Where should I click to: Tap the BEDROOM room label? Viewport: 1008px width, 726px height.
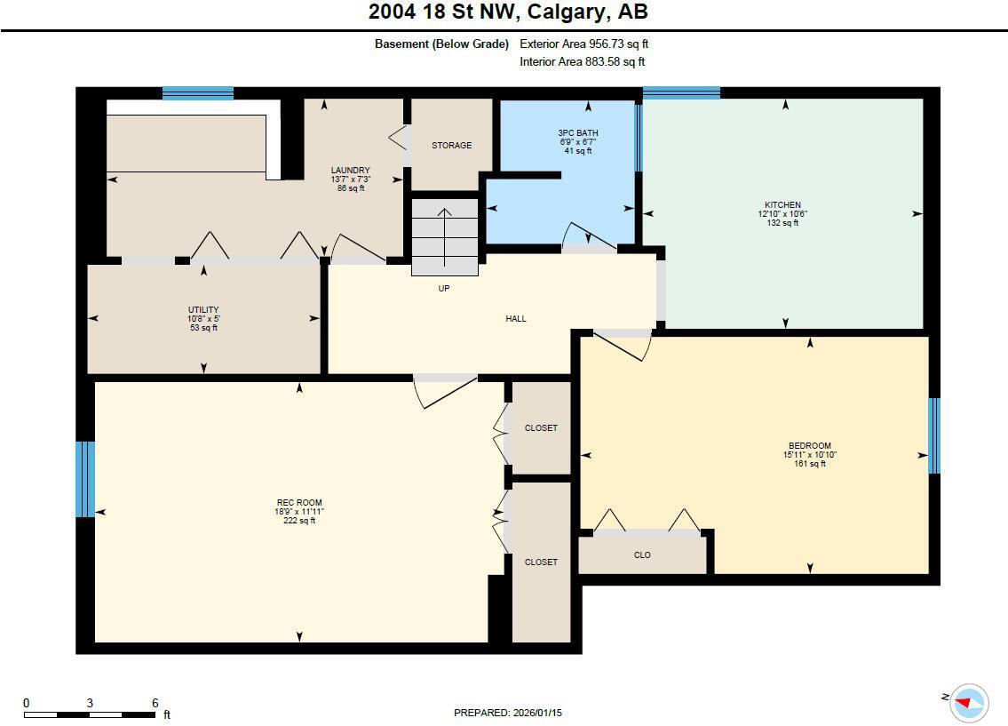809,446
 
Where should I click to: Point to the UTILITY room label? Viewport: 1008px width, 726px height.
202,310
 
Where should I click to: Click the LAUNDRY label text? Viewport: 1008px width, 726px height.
350,171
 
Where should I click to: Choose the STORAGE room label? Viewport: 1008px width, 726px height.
451,146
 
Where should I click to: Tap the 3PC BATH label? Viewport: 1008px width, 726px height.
577,133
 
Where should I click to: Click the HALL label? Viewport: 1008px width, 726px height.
516,319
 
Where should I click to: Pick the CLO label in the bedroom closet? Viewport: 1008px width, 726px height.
642,555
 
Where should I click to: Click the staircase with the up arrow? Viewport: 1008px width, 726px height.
445,237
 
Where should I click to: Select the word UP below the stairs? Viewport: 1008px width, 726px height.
444,289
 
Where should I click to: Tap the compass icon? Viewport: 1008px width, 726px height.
968,703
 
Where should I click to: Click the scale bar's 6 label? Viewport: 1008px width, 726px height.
155,703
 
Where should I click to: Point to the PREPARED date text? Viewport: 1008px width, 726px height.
508,713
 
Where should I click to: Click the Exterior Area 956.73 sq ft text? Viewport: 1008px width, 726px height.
590,44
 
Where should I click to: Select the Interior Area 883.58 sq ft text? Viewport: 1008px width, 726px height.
582,62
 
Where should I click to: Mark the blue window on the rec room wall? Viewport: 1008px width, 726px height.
85,479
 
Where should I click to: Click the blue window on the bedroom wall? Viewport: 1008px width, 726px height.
933,435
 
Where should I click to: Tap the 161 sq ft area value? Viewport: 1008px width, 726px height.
809,463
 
